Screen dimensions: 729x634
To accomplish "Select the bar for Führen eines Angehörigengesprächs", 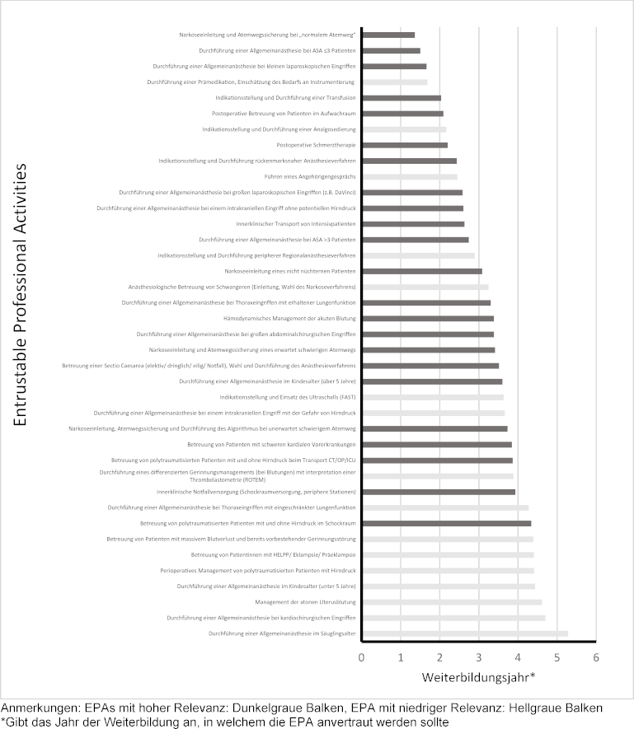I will (410, 176).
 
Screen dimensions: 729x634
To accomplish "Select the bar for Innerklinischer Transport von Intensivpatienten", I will (413, 224).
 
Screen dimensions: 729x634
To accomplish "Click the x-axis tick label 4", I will (518, 657).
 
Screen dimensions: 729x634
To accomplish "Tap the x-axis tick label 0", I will (362, 657).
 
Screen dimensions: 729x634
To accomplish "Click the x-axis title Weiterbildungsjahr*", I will (479, 678).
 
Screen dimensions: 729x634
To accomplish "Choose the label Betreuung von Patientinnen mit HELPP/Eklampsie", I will (274, 555).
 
